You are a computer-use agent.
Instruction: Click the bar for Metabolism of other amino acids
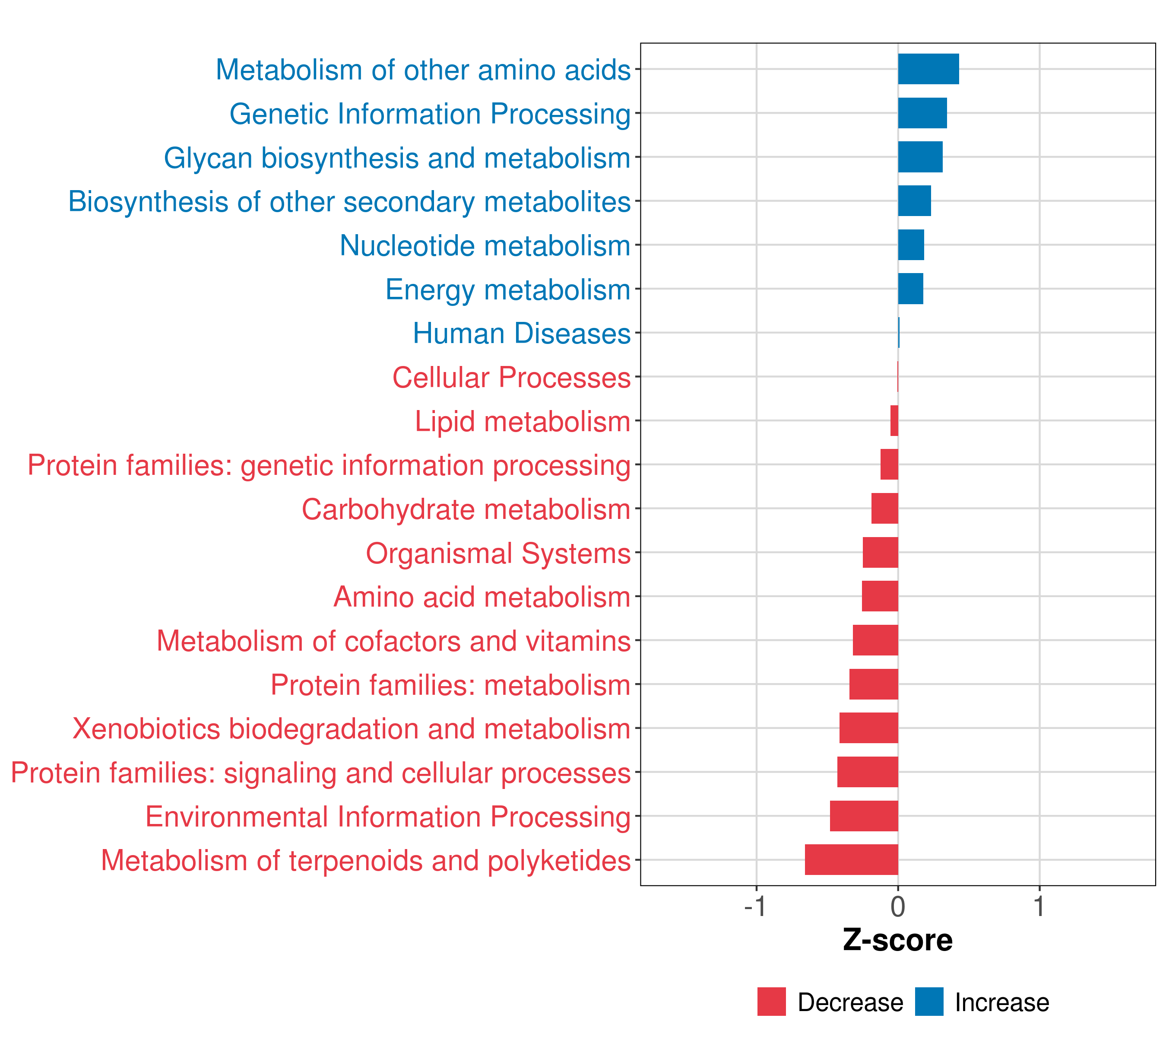[928, 69]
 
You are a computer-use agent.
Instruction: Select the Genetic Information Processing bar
[922, 113]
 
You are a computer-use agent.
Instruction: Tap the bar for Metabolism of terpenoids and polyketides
[851, 859]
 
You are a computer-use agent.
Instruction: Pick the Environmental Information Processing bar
[864, 816]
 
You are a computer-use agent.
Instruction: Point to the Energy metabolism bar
[910, 289]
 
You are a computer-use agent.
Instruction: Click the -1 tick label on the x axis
[755, 907]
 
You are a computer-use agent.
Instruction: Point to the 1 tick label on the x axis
[1039, 907]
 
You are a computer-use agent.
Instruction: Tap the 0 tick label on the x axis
[898, 907]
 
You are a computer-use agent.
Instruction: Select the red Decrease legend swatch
[771, 1002]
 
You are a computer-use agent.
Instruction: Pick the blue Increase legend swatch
[928, 1002]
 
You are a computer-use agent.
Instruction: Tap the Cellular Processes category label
[511, 377]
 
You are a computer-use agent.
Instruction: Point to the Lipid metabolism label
[522, 422]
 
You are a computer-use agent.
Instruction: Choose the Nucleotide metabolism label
[485, 246]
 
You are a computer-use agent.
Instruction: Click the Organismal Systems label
[498, 553]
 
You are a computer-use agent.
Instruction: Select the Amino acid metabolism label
[482, 597]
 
